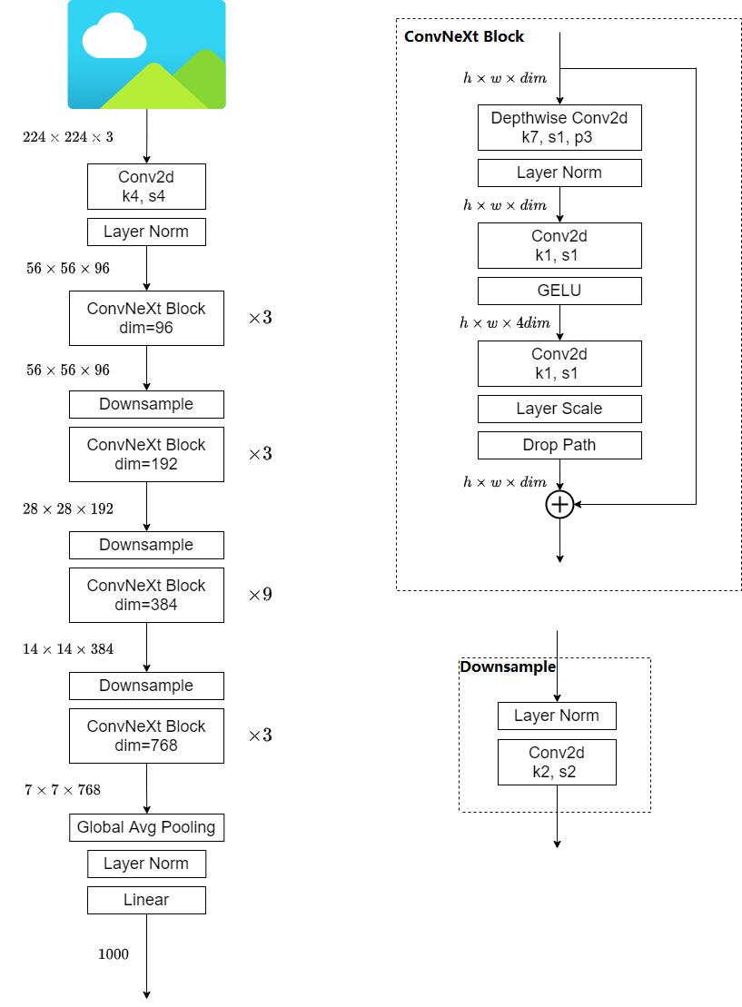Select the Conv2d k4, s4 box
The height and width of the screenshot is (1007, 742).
(146, 186)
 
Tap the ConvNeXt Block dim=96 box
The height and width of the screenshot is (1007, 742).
(146, 318)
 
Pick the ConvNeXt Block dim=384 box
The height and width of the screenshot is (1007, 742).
(146, 595)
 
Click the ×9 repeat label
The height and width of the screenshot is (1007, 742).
(260, 595)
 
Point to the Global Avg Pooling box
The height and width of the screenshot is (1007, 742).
(146, 827)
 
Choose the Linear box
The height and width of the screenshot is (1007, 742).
(146, 900)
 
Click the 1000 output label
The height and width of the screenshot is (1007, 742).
(114, 954)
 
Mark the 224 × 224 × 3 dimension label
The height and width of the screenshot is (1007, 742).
(68, 137)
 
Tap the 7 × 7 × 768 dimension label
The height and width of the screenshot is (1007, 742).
(63, 790)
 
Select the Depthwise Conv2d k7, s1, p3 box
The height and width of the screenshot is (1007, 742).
(559, 127)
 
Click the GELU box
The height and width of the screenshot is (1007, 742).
(559, 291)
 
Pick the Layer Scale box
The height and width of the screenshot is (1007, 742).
(559, 409)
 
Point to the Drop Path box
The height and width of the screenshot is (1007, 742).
(559, 445)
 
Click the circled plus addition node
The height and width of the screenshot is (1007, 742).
(559, 504)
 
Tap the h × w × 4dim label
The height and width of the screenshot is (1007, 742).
(505, 322)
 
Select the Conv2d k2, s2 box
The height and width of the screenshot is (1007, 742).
(557, 762)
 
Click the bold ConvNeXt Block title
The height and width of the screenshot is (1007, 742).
(464, 37)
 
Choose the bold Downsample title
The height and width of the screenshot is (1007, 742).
(508, 666)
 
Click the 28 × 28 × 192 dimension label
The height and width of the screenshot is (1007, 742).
(68, 508)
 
